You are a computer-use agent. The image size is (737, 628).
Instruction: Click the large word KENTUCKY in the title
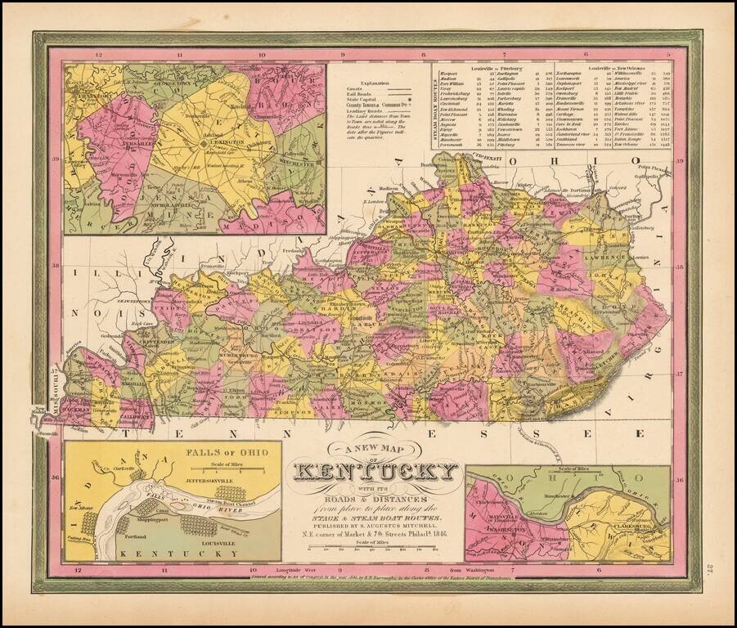tap(375, 473)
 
